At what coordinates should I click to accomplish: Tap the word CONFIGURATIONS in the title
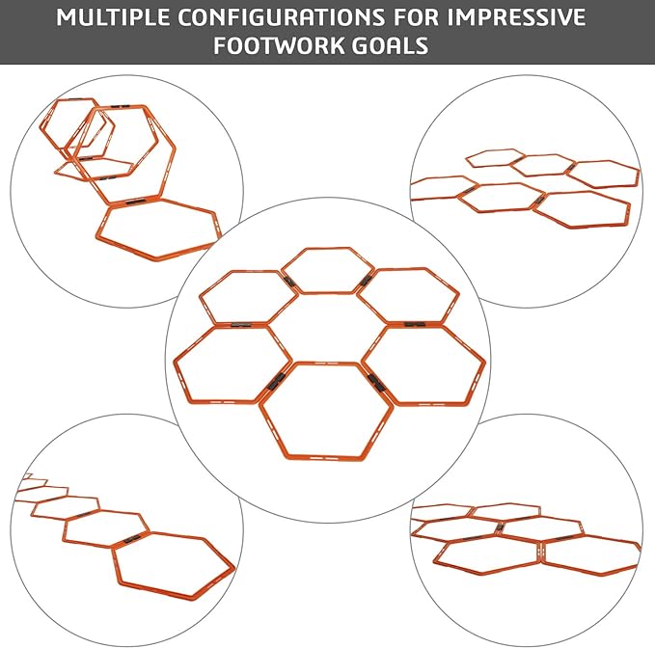click(281, 17)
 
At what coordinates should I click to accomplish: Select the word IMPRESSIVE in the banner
click(516, 17)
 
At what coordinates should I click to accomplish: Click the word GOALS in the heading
click(390, 45)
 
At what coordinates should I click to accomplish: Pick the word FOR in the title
click(416, 17)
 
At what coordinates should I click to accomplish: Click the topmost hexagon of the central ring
click(328, 249)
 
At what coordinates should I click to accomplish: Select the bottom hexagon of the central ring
click(326, 457)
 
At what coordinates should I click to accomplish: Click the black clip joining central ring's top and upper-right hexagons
click(366, 281)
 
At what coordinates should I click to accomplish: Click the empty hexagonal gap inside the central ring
click(327, 328)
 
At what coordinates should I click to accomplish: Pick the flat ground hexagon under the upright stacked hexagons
click(158, 256)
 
